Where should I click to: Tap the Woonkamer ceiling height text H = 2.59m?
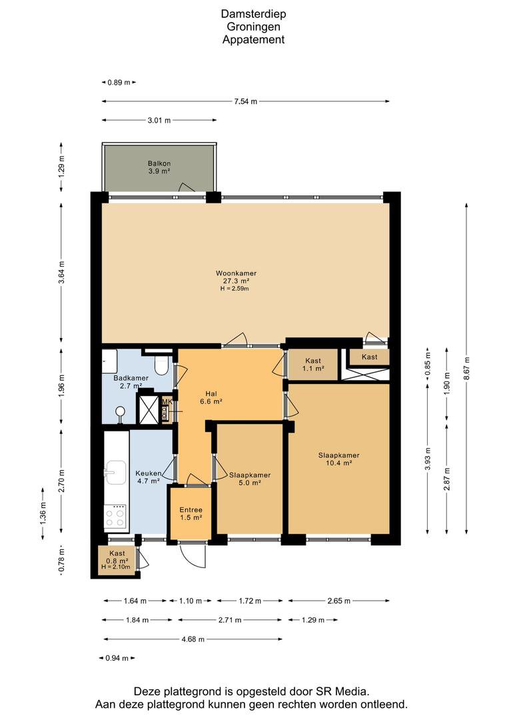point(236,289)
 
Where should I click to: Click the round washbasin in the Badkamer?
point(120,413)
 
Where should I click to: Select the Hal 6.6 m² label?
point(211,397)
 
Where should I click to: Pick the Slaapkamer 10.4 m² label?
point(338,459)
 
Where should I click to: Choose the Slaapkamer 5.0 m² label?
point(250,479)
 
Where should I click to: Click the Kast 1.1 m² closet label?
point(313,364)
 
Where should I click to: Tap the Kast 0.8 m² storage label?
point(117,557)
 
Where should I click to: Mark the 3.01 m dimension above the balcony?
point(159,121)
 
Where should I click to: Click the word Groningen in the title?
point(253,27)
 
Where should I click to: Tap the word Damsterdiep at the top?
point(253,14)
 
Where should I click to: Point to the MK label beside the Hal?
point(167,402)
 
